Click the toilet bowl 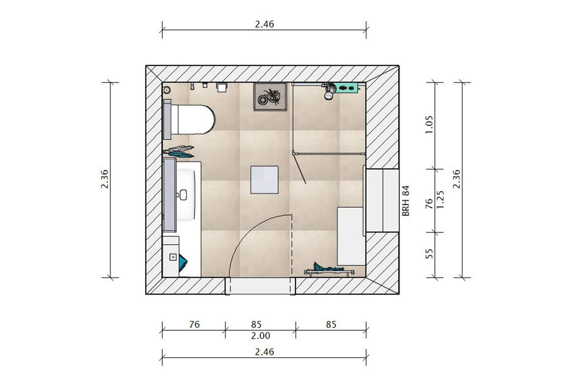click(x=194, y=119)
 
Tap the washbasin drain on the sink click(x=184, y=195)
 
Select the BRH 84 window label click(x=406, y=201)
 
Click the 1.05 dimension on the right click(x=429, y=124)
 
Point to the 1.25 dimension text click(x=440, y=199)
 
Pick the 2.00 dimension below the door click(x=260, y=335)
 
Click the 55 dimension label click(x=429, y=253)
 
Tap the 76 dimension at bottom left click(x=194, y=324)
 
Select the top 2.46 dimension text click(x=264, y=24)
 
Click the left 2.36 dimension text click(x=105, y=179)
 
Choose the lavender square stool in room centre click(x=264, y=180)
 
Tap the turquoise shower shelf click(x=348, y=88)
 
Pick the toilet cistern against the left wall click(x=167, y=119)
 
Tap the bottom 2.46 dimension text click(x=264, y=352)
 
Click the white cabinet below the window click(x=351, y=236)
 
